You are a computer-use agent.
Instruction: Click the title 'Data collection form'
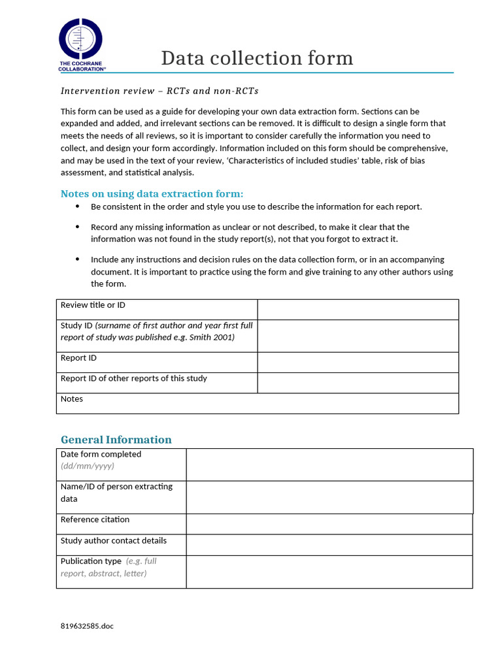pyautogui.click(x=257, y=58)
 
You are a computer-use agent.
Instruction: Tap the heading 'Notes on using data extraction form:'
pyautogui.click(x=152, y=193)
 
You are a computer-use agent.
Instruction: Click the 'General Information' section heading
pyautogui.click(x=116, y=440)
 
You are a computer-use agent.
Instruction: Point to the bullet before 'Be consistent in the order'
pyautogui.click(x=78, y=206)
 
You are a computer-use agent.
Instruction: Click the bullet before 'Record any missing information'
pyautogui.click(x=78, y=227)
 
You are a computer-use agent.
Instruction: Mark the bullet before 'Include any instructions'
pyautogui.click(x=78, y=259)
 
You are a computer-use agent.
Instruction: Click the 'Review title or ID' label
pyautogui.click(x=93, y=305)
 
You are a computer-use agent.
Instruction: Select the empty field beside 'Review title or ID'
pyautogui.click(x=358, y=310)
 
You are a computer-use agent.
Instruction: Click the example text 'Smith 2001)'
pyautogui.click(x=212, y=337)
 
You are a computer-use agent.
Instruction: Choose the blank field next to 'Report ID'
pyautogui.click(x=358, y=362)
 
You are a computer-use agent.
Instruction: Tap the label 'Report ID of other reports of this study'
pyautogui.click(x=134, y=378)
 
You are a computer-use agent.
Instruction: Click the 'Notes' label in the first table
pyautogui.click(x=72, y=399)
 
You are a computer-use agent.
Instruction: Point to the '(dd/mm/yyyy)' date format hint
pyautogui.click(x=88, y=466)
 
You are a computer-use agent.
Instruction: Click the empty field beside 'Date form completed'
pyautogui.click(x=329, y=465)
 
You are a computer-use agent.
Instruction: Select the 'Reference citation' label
pyautogui.click(x=95, y=519)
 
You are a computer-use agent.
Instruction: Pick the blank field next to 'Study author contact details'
pyautogui.click(x=329, y=545)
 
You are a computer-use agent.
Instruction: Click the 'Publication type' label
pyautogui.click(x=91, y=561)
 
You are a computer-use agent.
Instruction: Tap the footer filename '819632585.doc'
pyautogui.click(x=87, y=626)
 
